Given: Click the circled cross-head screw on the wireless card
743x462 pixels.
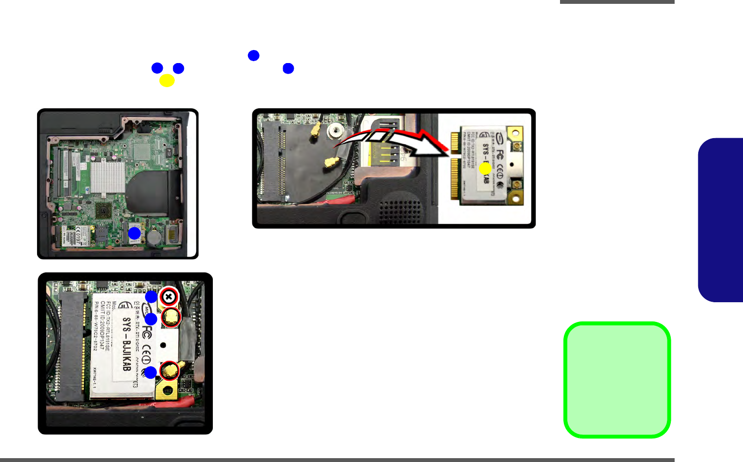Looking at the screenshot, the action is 169,297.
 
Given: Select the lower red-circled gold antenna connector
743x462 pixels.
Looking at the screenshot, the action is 170,371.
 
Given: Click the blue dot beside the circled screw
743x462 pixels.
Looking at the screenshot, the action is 152,297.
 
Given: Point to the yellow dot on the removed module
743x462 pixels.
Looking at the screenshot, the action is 485,168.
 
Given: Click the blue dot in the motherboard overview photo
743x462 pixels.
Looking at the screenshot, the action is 134,234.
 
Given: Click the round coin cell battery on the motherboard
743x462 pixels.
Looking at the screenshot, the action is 154,237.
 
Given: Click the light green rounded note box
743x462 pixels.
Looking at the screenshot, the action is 617,380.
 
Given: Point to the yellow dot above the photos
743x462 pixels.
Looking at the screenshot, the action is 167,81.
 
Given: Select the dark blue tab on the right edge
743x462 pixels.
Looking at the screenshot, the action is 721,220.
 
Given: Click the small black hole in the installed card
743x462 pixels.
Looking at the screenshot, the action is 163,345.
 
